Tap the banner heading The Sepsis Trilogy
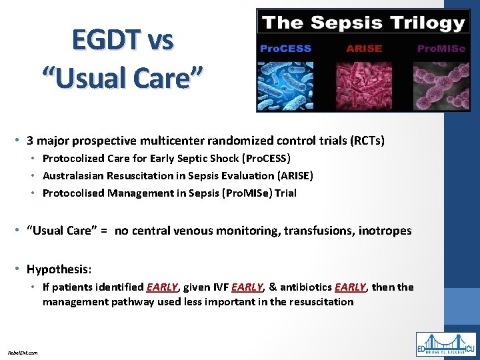[363, 23]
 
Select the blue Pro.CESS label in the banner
[285, 49]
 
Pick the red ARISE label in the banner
[364, 49]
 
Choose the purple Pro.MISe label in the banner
[441, 49]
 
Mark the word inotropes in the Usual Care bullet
[385, 231]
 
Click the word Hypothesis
[58, 269]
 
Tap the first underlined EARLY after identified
[162, 287]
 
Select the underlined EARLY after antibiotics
[351, 287]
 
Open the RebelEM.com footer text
[23, 352]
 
